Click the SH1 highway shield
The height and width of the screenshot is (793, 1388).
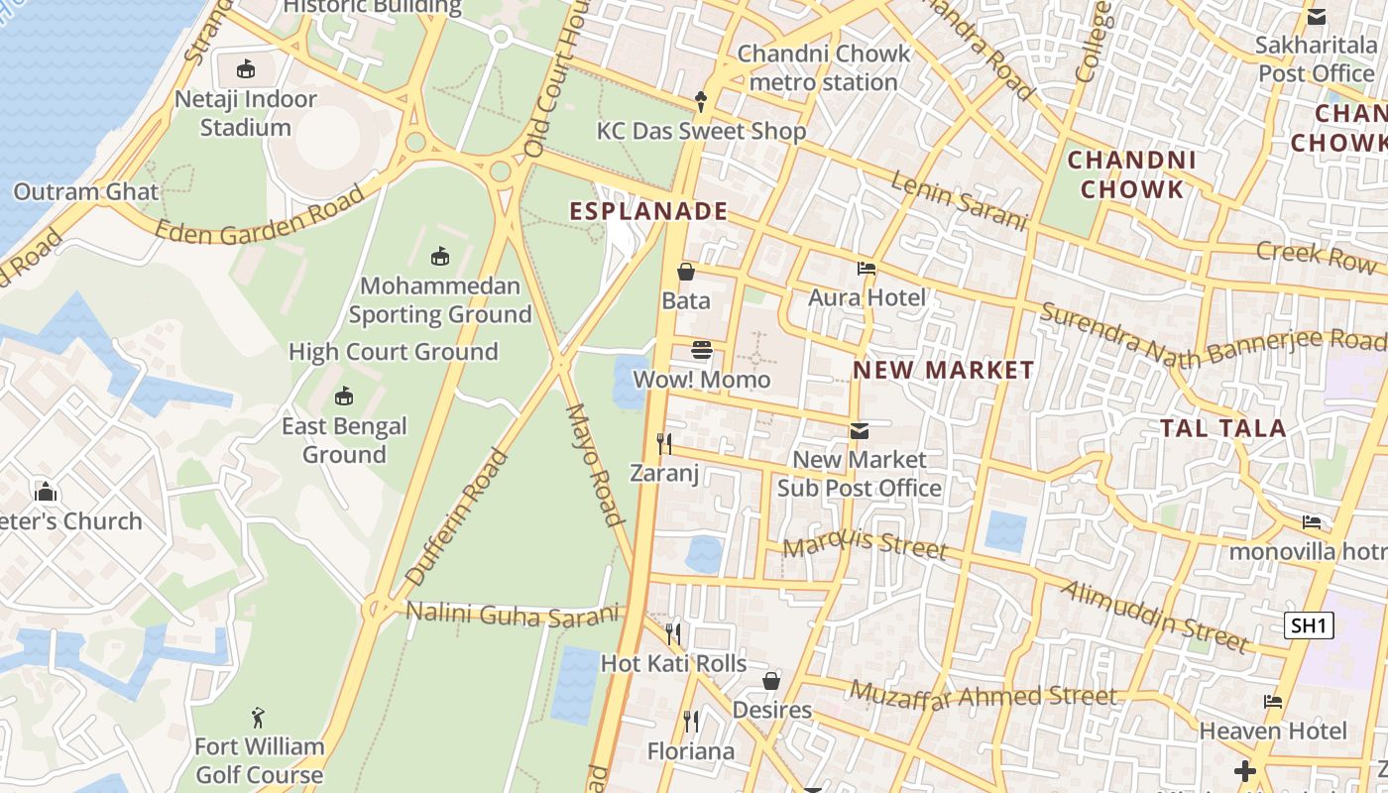1309,625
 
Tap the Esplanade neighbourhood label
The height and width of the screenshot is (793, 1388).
648,211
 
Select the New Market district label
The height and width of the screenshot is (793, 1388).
943,371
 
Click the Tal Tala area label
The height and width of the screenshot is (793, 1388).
1223,428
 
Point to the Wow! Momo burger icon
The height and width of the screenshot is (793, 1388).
702,349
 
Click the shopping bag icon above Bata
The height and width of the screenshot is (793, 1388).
685,271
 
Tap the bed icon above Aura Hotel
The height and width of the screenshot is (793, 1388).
866,268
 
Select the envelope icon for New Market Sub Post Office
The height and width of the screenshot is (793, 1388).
859,430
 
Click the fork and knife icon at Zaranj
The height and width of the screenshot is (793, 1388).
664,443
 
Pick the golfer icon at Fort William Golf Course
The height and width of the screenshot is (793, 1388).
259,716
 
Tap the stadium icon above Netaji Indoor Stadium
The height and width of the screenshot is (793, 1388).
245,68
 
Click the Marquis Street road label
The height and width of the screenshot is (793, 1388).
865,544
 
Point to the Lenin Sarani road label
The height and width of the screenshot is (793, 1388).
959,200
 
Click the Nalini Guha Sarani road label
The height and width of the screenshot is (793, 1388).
513,615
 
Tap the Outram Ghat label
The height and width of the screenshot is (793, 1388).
85,191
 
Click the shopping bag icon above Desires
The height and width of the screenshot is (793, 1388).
771,681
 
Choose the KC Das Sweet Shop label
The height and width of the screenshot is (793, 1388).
701,131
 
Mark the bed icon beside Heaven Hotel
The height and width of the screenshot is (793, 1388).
1273,702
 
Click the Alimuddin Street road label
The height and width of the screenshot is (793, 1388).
1155,617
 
